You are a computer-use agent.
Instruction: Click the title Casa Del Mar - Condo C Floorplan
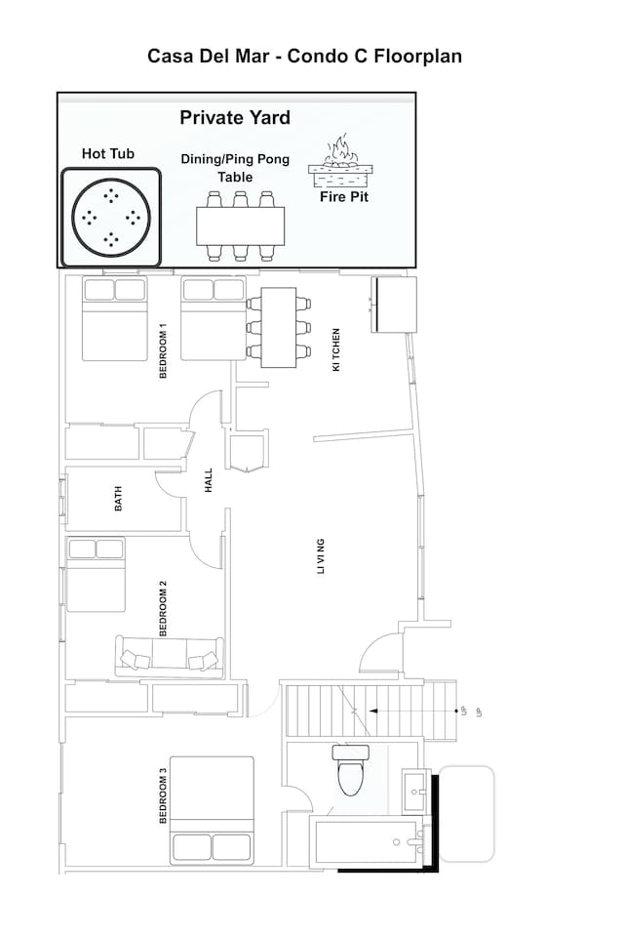(x=304, y=57)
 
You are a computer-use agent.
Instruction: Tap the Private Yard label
(x=235, y=118)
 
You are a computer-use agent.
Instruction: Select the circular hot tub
(x=111, y=217)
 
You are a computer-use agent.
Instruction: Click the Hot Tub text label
(x=108, y=153)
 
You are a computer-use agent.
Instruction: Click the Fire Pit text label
(x=345, y=196)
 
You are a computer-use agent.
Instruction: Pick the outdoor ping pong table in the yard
(x=240, y=225)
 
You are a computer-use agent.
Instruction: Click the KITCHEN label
(x=336, y=348)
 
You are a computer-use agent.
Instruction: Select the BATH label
(x=119, y=501)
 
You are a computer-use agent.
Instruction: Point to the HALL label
(x=208, y=480)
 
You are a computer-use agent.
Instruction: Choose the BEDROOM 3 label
(x=164, y=796)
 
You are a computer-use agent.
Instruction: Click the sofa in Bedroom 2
(x=170, y=656)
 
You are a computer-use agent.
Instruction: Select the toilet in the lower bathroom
(x=348, y=770)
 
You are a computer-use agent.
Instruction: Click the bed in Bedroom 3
(x=212, y=810)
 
